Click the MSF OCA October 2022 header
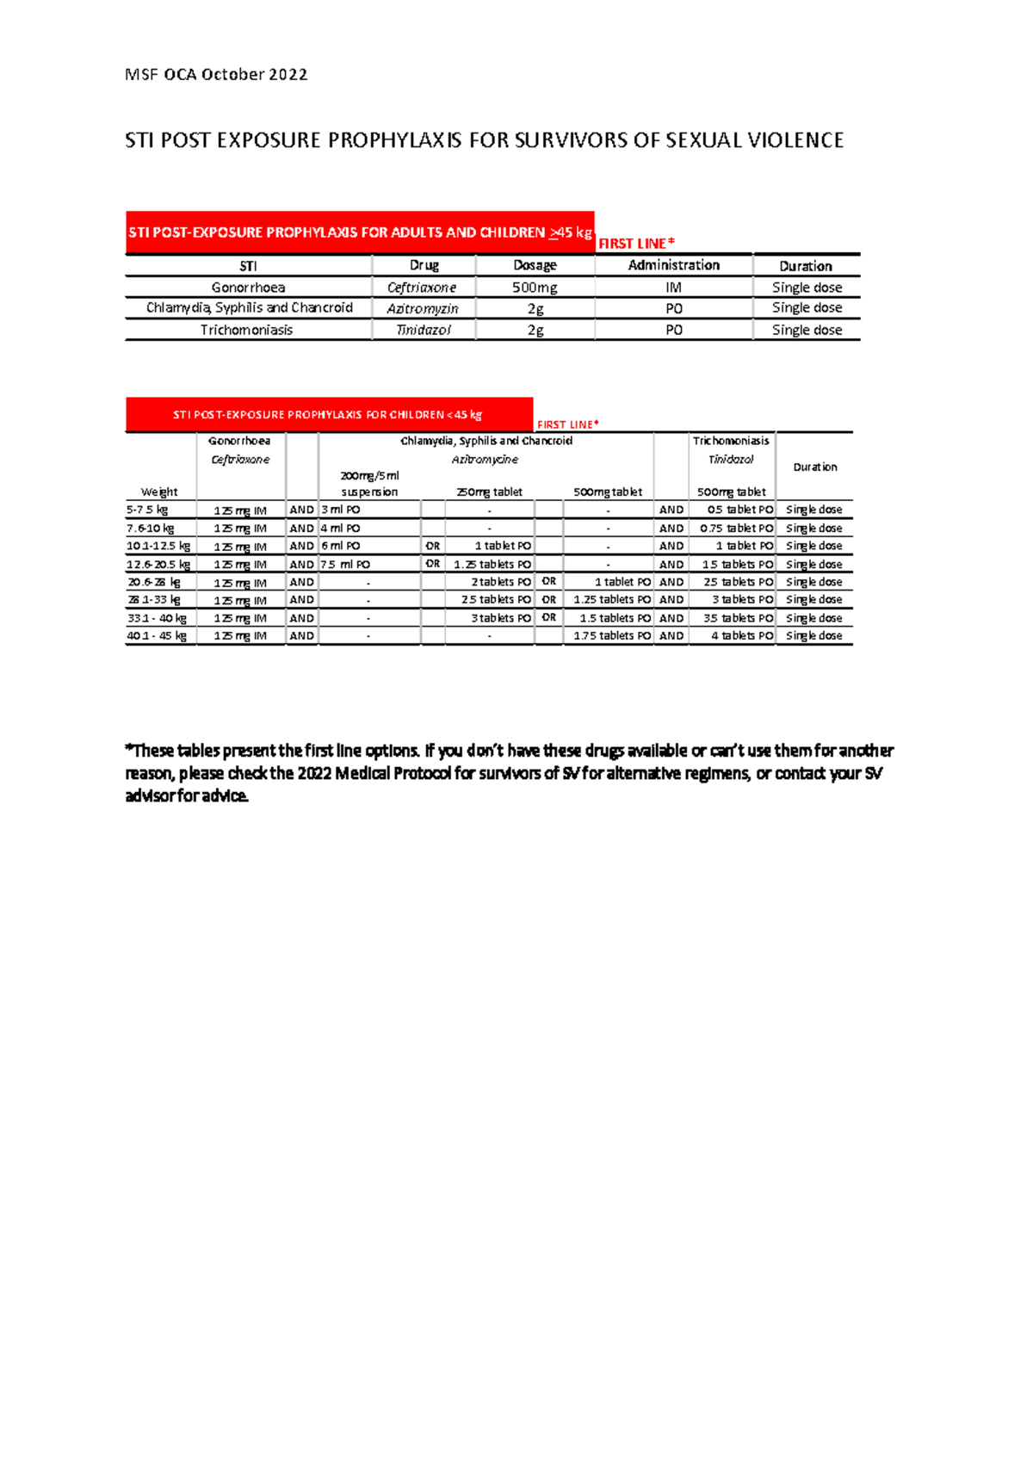[x=216, y=75]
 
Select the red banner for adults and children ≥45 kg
[x=360, y=232]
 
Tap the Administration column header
[x=673, y=265]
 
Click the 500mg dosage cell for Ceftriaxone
[x=535, y=288]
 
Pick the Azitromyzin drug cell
[x=422, y=308]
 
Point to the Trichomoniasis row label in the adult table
[x=246, y=330]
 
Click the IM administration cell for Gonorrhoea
[x=673, y=288]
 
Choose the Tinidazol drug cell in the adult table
[x=423, y=330]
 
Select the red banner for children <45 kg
[x=328, y=415]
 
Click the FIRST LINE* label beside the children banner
[x=567, y=424]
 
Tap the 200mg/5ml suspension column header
[x=369, y=484]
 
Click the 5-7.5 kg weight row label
[x=147, y=510]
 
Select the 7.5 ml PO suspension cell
[x=345, y=565]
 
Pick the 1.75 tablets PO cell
[x=612, y=635]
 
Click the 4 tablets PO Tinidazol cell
[x=741, y=635]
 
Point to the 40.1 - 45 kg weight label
[x=157, y=635]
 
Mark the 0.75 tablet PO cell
[x=736, y=529]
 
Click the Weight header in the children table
[x=159, y=492]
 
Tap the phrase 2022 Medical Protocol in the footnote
[x=374, y=773]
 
